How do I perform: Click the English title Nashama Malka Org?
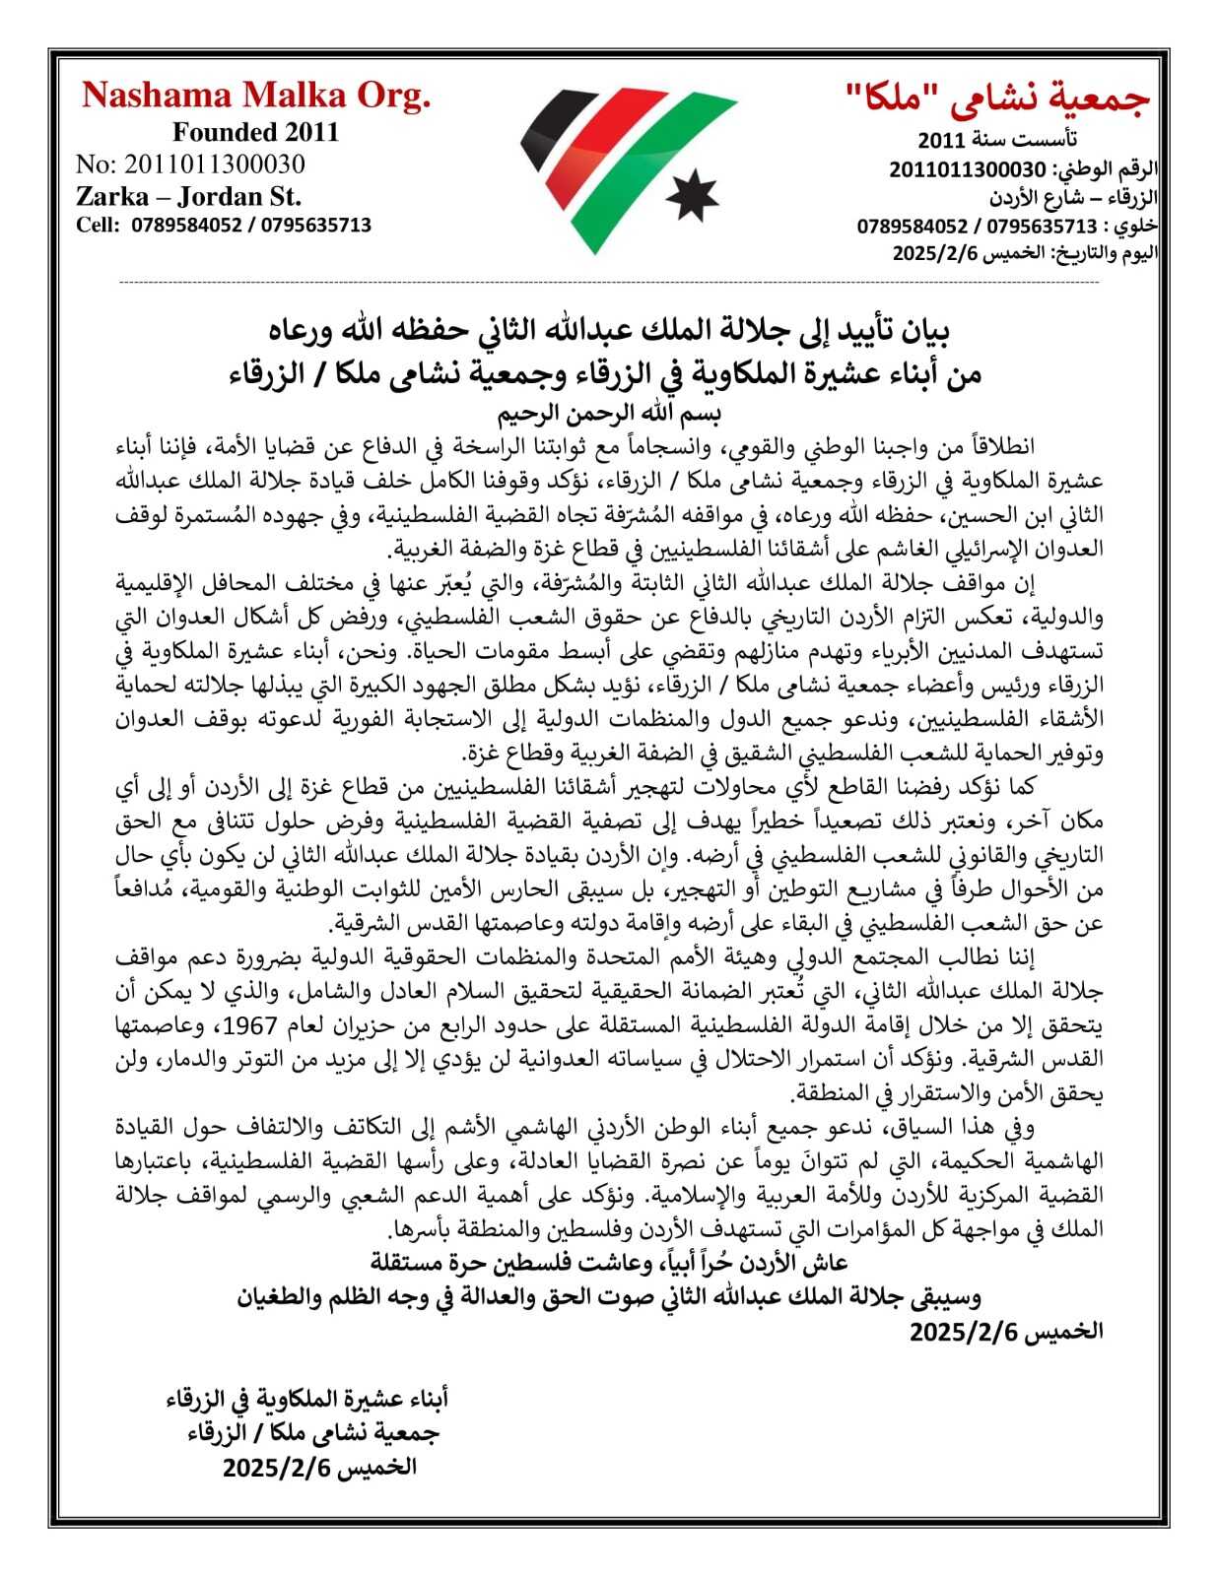point(256,96)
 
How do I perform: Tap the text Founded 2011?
point(255,132)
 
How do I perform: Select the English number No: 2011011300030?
point(190,164)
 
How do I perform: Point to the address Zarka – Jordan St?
point(188,195)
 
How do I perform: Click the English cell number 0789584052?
point(186,226)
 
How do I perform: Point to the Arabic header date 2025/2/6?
point(935,253)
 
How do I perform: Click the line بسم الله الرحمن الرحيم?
point(608,411)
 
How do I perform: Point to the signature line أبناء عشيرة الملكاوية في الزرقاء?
point(306,1398)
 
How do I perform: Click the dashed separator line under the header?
point(608,283)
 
